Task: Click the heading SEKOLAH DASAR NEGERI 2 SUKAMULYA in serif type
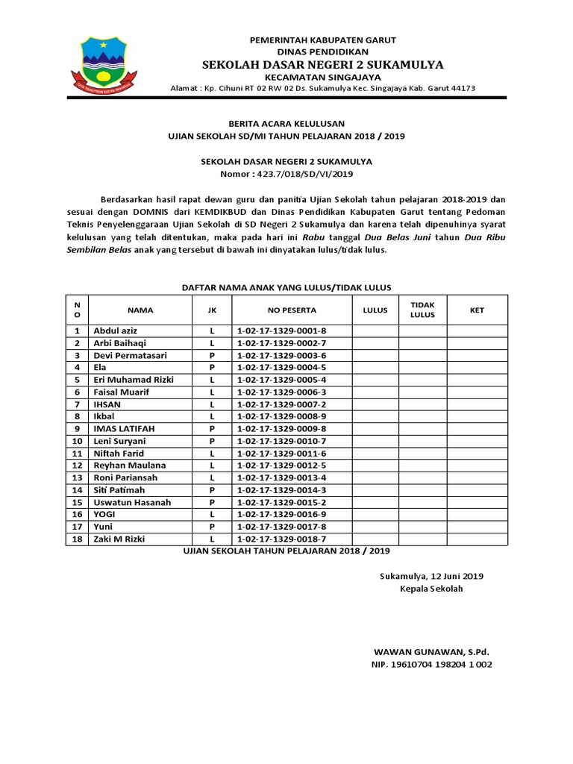(324, 64)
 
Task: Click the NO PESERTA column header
(292, 310)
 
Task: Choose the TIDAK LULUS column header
(422, 310)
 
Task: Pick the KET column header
(476, 310)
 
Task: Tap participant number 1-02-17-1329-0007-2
(281, 404)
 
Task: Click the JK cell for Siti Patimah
(212, 490)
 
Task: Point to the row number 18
(76, 539)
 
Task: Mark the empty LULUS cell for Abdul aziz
(375, 331)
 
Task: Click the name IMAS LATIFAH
(123, 429)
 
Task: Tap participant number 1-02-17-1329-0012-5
(281, 466)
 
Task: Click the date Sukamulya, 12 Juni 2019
(431, 576)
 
